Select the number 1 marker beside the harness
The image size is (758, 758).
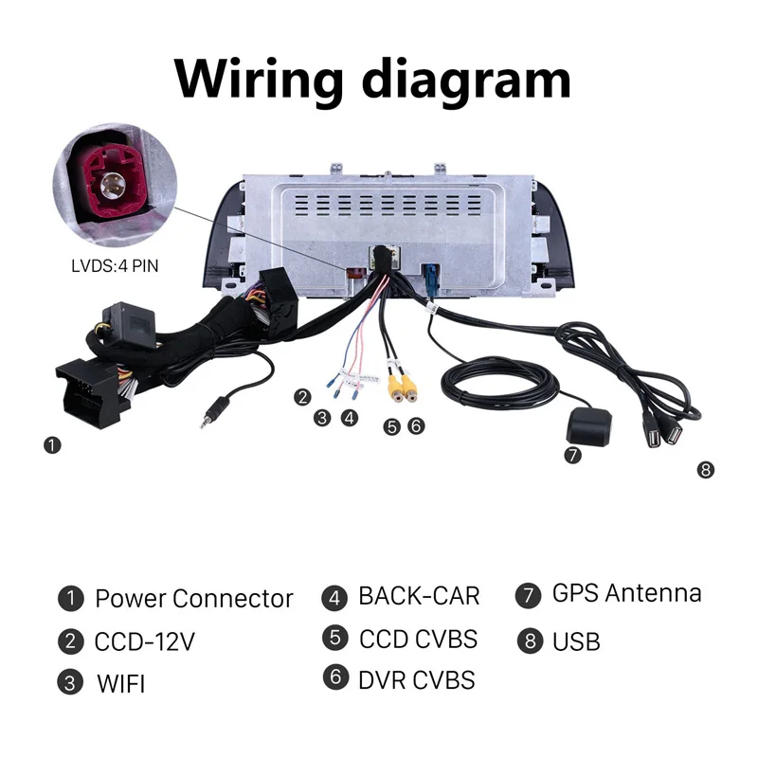52,443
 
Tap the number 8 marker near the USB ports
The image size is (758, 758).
705,469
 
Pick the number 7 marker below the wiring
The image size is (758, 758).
572,455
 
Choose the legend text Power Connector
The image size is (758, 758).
193,599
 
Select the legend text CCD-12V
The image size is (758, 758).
144,641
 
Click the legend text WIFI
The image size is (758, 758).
120,683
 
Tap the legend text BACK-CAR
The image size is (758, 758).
419,597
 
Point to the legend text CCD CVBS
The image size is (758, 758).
418,639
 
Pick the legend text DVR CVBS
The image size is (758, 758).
416,679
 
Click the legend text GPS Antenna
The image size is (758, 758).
626,594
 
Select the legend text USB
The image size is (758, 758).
576,641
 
